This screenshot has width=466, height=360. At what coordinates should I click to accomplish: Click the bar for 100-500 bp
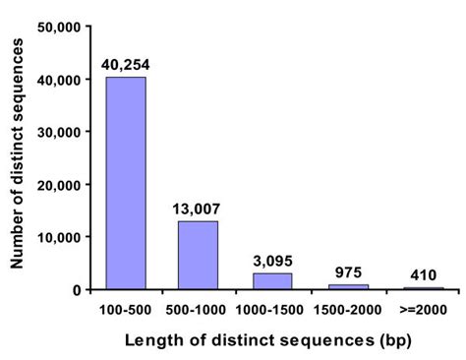126,183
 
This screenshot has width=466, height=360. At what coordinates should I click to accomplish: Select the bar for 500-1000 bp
198,255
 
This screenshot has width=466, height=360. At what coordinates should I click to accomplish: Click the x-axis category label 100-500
125,308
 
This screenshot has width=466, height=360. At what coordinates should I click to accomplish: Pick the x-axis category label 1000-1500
270,308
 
